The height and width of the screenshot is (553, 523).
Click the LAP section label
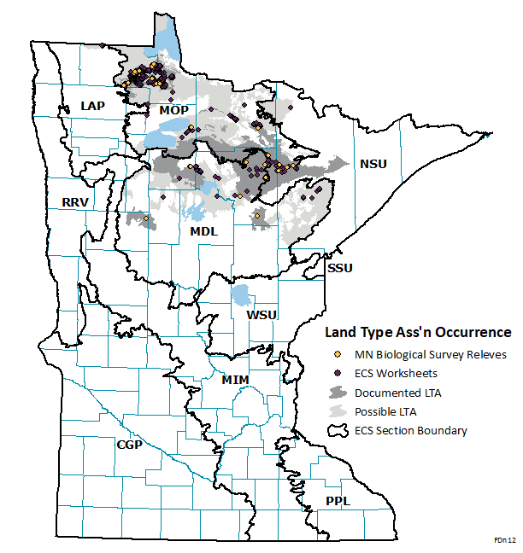(x=93, y=105)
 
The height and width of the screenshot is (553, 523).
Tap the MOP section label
(x=173, y=110)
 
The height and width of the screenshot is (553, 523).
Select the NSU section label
(x=373, y=164)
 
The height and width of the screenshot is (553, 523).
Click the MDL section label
(x=203, y=231)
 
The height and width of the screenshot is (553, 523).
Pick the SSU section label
(x=340, y=268)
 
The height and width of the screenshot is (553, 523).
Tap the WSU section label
(x=261, y=315)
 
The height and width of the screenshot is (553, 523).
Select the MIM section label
(x=235, y=378)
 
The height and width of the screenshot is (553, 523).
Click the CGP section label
(x=130, y=445)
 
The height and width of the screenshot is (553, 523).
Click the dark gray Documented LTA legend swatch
(x=339, y=393)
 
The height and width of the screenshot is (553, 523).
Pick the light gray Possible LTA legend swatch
(x=339, y=411)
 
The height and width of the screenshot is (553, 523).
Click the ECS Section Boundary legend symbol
(x=339, y=431)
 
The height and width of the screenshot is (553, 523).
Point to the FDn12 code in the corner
(x=504, y=541)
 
